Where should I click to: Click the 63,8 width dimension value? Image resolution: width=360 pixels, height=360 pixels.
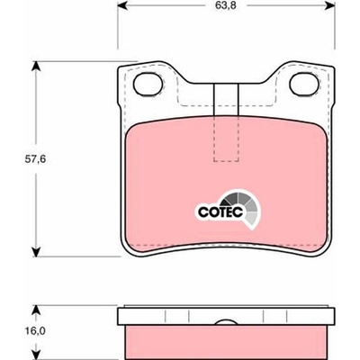pyautogui.click(x=226, y=6)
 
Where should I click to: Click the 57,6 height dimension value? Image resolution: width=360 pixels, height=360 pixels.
pyautogui.click(x=35, y=159)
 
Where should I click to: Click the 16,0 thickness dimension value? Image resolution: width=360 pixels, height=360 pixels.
pyautogui.click(x=35, y=331)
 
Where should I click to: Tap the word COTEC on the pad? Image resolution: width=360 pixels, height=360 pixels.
pyautogui.click(x=220, y=212)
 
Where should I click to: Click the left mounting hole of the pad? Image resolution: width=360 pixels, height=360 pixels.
pyautogui.click(x=148, y=84)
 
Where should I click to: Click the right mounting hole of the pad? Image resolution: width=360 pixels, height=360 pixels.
pyautogui.click(x=304, y=84)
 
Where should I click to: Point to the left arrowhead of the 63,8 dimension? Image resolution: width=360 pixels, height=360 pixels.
pyautogui.click(x=122, y=4)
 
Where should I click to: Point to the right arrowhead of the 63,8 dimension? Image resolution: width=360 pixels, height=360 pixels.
pyautogui.click(x=329, y=4)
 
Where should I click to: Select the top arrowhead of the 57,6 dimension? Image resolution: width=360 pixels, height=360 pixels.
pyautogui.click(x=36, y=67)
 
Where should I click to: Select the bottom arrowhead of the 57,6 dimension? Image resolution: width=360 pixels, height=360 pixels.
pyautogui.click(x=36, y=252)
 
